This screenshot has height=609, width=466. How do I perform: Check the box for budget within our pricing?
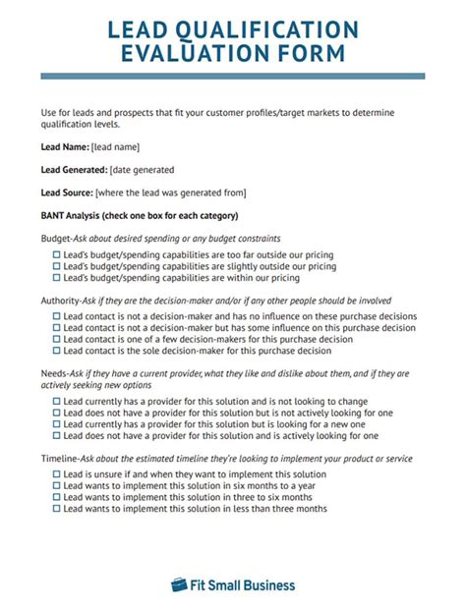(x=56, y=279)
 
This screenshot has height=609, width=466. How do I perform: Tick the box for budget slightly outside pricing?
(x=56, y=267)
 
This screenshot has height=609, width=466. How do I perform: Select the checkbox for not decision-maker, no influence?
(x=56, y=316)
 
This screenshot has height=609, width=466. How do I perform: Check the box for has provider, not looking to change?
(x=56, y=402)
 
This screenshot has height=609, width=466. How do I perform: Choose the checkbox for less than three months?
(x=56, y=509)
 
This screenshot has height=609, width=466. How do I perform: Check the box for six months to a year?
(x=56, y=485)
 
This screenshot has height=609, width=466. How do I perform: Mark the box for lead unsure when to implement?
(x=56, y=473)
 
